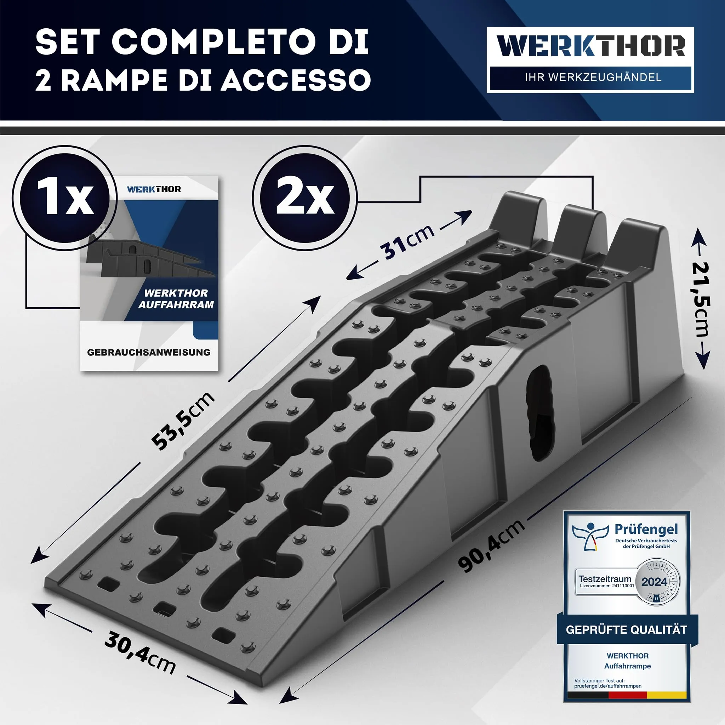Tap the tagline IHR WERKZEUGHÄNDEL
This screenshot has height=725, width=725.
pos(593,77)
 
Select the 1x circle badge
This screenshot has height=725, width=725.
pos(65,198)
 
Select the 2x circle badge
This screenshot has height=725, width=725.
pos(305,198)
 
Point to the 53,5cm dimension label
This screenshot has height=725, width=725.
pos(183,420)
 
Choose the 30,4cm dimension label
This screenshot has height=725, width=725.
pos(140,652)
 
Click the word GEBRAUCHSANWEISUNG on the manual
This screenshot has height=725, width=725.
pos(149,352)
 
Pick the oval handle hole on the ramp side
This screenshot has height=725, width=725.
pos(540,413)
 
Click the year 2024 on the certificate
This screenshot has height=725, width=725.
pos(654,582)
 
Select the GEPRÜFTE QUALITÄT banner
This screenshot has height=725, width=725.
pos(627,629)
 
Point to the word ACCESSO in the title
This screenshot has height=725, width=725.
pos(296,80)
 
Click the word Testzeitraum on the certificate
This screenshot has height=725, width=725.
pos(605,579)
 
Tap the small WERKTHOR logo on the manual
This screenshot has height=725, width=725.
pos(154,189)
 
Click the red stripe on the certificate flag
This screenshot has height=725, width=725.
pos(627,695)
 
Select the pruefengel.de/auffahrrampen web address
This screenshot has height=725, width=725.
pos(608,686)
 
